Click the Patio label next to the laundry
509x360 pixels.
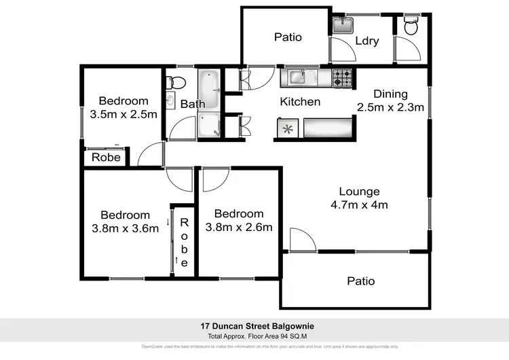(x=288, y=37)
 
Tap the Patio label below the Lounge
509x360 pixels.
(x=360, y=281)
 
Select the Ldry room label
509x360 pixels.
(x=366, y=41)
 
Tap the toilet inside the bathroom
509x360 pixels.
(x=176, y=84)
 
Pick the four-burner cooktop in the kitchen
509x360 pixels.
(x=341, y=78)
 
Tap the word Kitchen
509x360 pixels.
(x=301, y=102)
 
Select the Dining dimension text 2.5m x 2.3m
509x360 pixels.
(x=390, y=107)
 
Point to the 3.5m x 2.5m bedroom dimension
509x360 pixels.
(x=124, y=114)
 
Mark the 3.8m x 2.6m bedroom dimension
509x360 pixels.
(x=239, y=228)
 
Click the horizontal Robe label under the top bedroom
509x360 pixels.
(x=107, y=158)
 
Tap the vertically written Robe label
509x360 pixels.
(x=183, y=242)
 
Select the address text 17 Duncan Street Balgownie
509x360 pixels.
(x=254, y=326)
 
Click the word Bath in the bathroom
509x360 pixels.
(x=193, y=104)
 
